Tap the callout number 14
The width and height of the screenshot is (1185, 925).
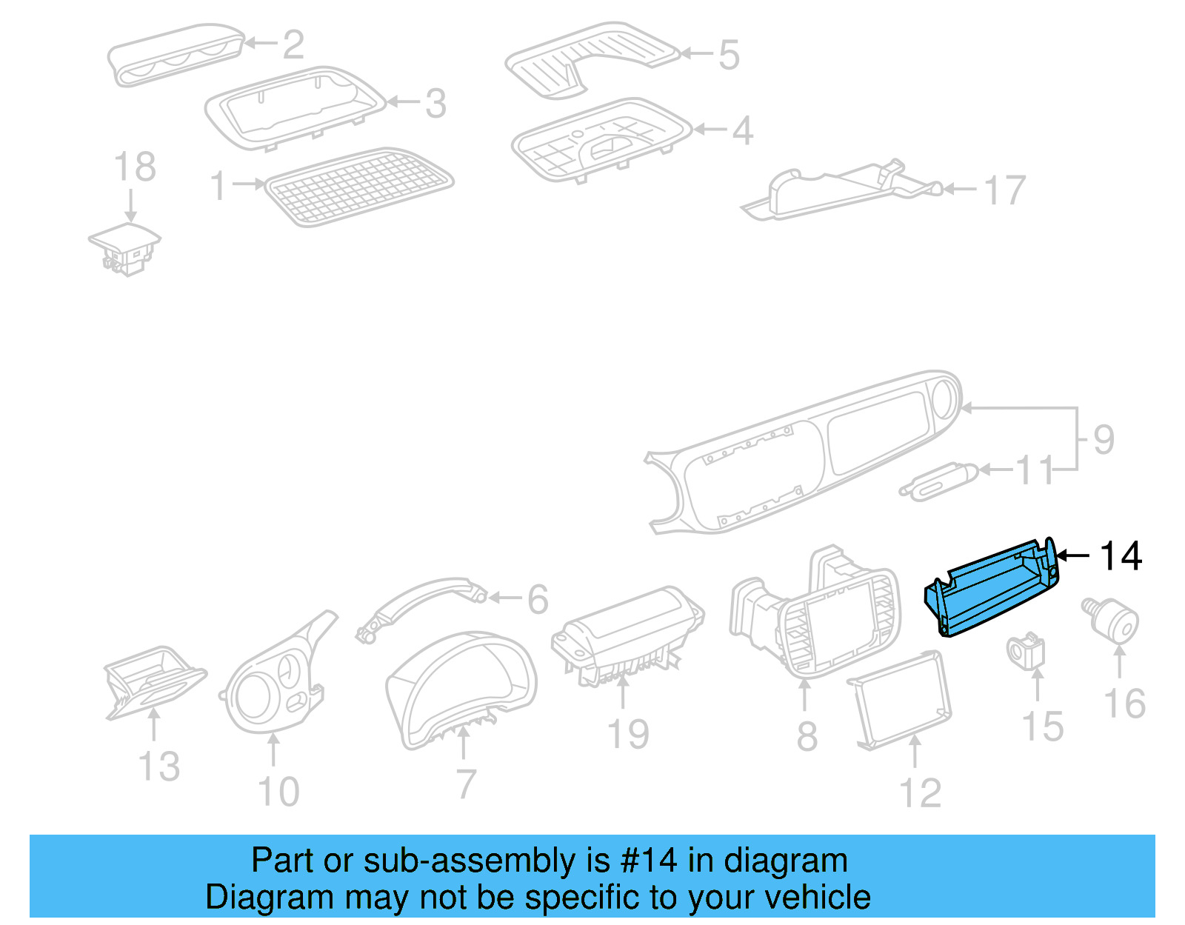click(1121, 556)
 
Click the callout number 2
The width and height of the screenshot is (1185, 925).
click(293, 45)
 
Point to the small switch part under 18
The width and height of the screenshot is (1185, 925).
click(124, 248)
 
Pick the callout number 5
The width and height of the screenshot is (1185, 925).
click(729, 56)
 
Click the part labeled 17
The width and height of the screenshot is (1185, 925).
click(837, 191)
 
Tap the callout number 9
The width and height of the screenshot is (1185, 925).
click(1104, 440)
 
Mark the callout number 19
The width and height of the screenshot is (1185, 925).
click(627, 735)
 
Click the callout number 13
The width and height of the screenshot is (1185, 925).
click(159, 766)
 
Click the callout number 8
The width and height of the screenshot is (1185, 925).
click(807, 737)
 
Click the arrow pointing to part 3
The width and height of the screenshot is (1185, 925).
click(404, 102)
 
